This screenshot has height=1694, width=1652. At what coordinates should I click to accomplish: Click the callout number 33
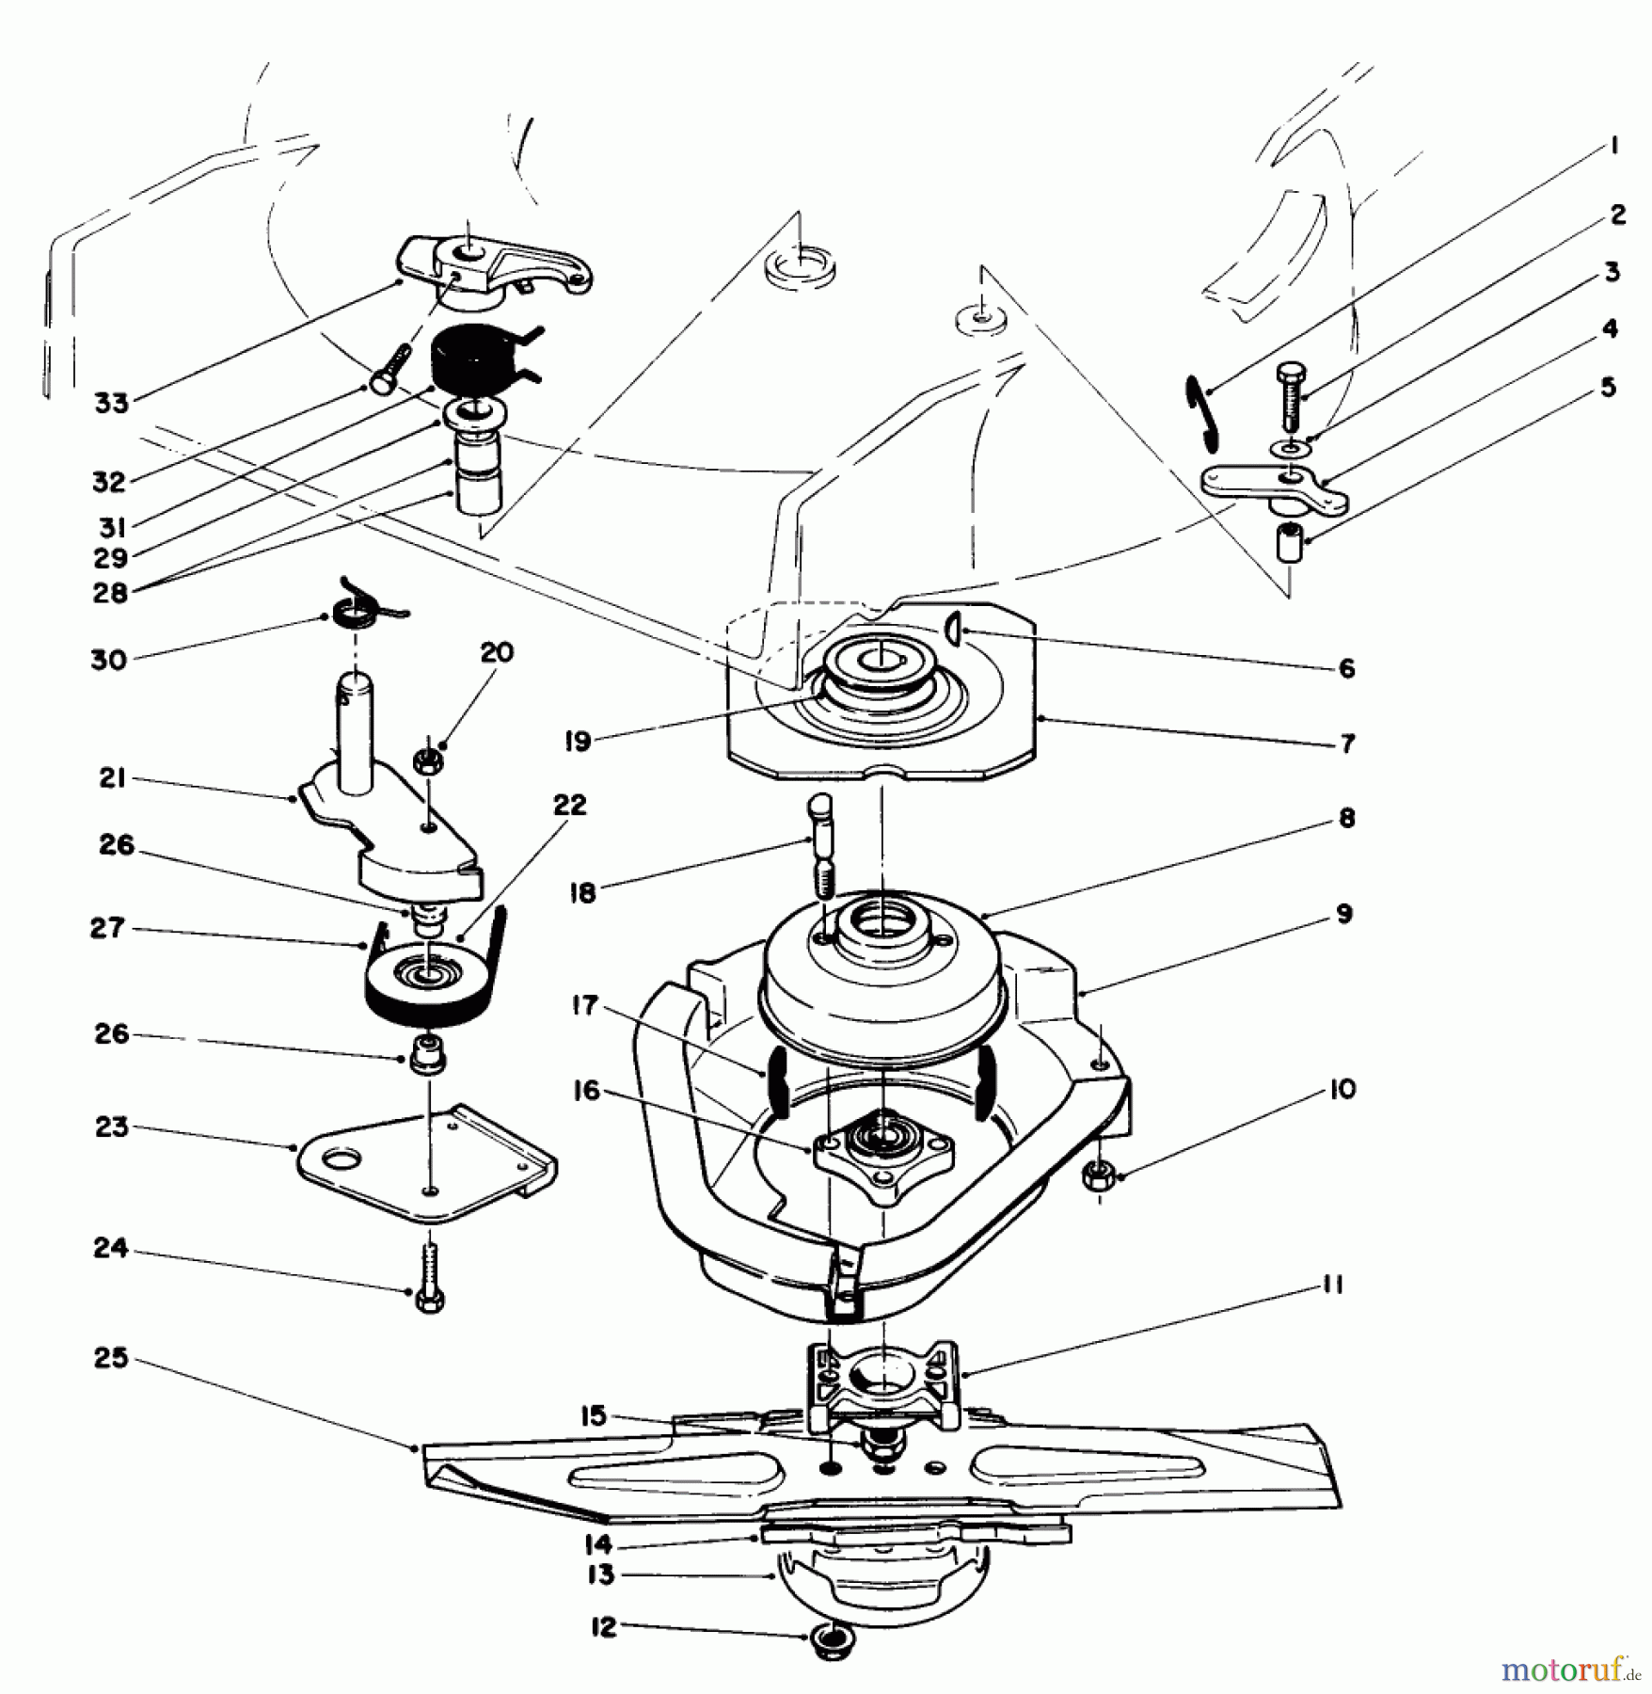click(x=111, y=404)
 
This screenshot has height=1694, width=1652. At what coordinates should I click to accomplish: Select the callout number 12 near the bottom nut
click(x=604, y=1627)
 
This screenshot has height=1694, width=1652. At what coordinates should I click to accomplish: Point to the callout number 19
click(x=578, y=741)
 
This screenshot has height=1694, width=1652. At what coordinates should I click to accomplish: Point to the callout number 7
click(x=1347, y=743)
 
